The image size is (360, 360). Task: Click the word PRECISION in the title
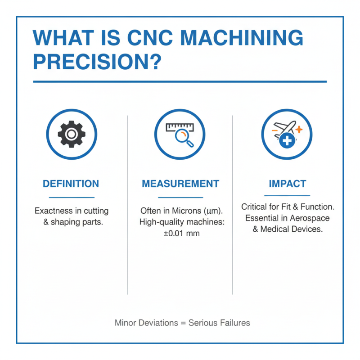coord(90,62)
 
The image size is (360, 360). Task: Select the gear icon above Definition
coord(72,134)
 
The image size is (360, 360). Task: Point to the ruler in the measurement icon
coord(180,127)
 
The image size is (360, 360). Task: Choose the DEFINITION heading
coord(71,184)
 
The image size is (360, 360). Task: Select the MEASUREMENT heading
coord(180,184)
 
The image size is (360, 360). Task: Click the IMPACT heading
coord(287,184)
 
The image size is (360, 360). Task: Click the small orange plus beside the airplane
coord(299,129)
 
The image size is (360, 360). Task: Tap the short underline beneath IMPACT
coord(287,196)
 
